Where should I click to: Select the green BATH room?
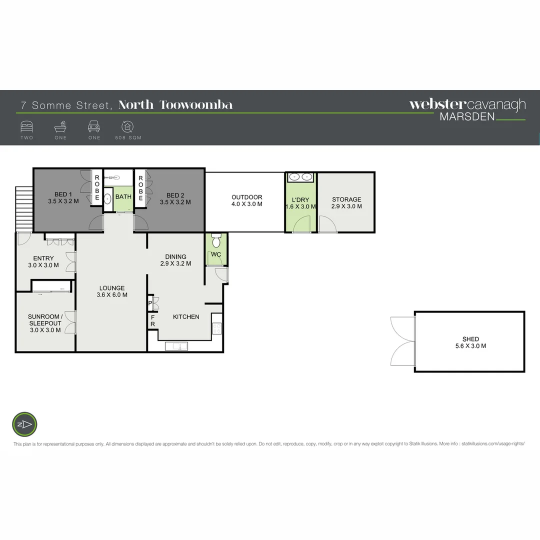click(x=123, y=197)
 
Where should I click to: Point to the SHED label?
click(x=470, y=342)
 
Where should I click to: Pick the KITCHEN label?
click(x=186, y=316)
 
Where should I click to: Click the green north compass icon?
click(x=25, y=424)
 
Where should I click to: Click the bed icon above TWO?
click(x=26, y=126)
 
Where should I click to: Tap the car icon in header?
click(x=94, y=126)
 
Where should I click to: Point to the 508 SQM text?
click(x=127, y=137)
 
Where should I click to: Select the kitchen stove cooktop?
click(x=217, y=328)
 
